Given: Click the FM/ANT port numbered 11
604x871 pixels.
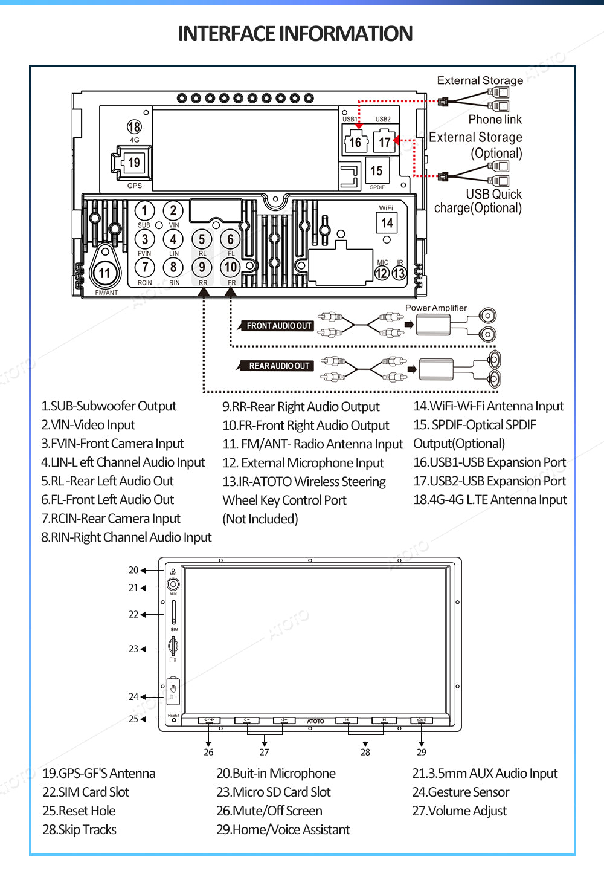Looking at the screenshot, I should click(x=104, y=273).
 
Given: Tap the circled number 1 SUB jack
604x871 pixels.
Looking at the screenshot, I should click(x=144, y=210).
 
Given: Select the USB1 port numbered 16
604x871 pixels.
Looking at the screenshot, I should click(x=355, y=142).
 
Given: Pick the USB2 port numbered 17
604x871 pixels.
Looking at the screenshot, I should click(x=385, y=142).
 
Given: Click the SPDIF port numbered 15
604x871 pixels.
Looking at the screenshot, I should click(x=377, y=171).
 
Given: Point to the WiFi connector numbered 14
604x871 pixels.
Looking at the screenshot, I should click(x=387, y=223).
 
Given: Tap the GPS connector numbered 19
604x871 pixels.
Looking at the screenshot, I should click(x=133, y=163).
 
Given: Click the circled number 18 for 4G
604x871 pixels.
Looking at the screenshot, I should click(x=134, y=126).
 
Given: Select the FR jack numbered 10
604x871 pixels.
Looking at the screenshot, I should click(x=231, y=267).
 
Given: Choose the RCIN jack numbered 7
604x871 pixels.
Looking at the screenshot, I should click(x=144, y=267).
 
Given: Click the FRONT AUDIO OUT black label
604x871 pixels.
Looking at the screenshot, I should click(x=278, y=326).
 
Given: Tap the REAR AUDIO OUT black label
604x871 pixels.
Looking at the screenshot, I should click(x=279, y=366).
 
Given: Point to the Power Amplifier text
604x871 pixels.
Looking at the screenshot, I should click(x=435, y=308).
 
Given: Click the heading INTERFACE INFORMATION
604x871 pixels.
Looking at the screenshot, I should click(x=295, y=34).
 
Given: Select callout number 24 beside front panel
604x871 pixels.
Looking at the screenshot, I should click(x=133, y=696).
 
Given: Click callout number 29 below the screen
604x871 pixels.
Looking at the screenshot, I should click(x=422, y=752).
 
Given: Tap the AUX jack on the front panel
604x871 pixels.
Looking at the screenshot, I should click(x=173, y=584).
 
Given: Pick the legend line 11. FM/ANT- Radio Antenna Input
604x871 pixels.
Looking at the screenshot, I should click(x=312, y=444).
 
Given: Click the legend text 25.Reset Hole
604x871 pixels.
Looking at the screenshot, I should click(x=79, y=811).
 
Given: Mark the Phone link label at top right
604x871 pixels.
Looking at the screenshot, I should click(x=495, y=120).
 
